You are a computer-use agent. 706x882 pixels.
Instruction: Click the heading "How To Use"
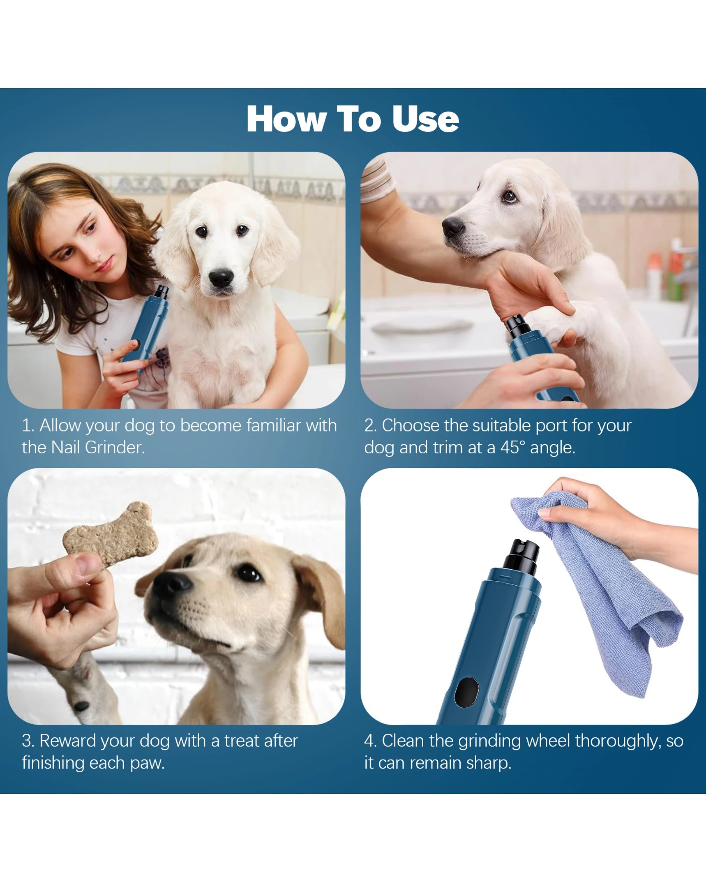click(352, 119)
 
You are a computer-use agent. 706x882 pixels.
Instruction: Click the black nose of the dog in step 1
click(221, 278)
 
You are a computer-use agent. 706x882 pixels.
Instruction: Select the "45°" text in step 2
click(513, 448)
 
